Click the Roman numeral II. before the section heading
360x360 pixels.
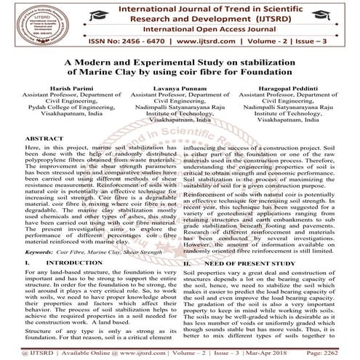point(188,260)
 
